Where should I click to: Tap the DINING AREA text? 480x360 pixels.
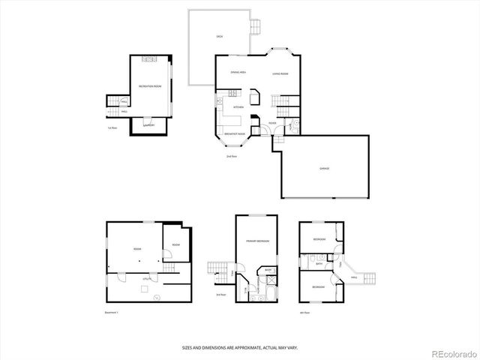click(238, 73)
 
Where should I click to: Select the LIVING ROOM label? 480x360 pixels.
click(280, 73)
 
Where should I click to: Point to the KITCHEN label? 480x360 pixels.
click(237, 107)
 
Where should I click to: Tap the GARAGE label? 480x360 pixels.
click(324, 168)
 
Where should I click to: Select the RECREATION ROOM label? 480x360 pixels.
click(151, 86)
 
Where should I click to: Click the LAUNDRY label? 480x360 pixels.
click(148, 125)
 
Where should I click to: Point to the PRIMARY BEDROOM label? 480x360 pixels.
click(257, 241)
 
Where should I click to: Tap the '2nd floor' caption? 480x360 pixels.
click(232, 156)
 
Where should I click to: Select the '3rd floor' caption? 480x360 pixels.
click(220, 295)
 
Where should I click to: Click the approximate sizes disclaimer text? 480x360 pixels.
click(239, 347)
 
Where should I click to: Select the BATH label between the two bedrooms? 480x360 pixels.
click(319, 264)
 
